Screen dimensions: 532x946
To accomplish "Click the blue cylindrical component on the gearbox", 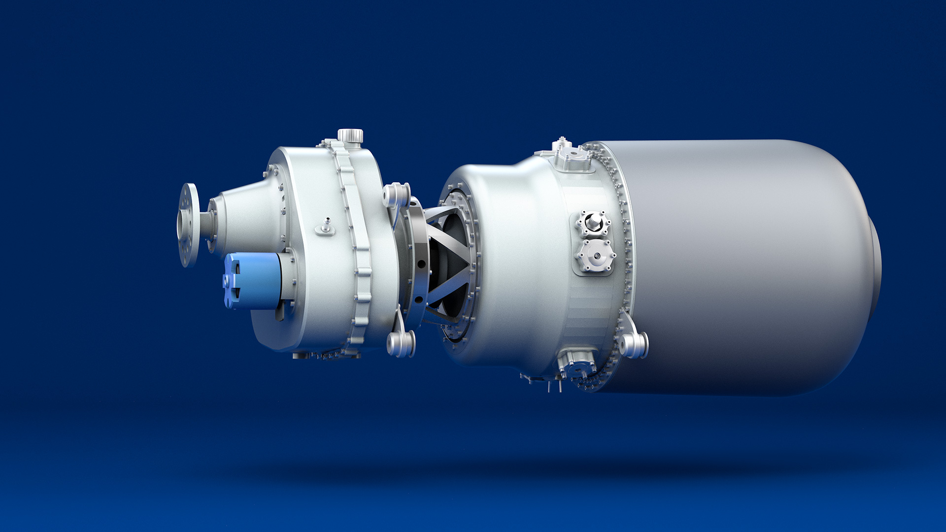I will click(254, 281).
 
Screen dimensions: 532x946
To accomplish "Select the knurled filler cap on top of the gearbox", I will click(350, 135).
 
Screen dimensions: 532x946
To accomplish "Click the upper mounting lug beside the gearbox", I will click(397, 195).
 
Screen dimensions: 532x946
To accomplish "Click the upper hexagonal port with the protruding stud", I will click(594, 223).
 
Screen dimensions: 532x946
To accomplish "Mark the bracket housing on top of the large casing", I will click(571, 157).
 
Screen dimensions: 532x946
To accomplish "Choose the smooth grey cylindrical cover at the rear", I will click(739, 266).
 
